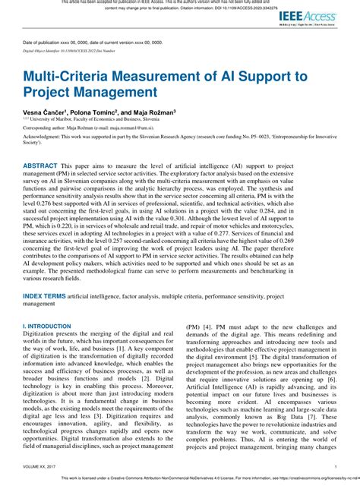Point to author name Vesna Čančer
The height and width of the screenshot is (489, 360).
[43, 111]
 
